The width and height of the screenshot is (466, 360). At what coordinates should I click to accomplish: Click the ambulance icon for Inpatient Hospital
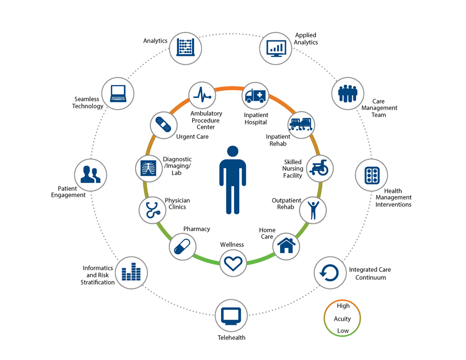pyautogui.click(x=255, y=95)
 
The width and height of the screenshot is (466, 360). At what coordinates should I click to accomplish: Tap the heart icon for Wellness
pyautogui.click(x=233, y=263)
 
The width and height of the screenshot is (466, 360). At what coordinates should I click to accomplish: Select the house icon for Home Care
pyautogui.click(x=286, y=244)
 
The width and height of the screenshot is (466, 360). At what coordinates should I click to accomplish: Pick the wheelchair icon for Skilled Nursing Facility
pyautogui.click(x=320, y=168)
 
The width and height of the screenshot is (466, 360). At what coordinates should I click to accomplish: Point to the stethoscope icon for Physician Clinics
pyautogui.click(x=152, y=210)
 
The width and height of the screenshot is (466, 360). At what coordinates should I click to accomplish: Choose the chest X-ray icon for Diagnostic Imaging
pyautogui.click(x=148, y=167)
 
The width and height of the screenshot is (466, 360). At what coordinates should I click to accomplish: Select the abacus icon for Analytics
pyautogui.click(x=185, y=48)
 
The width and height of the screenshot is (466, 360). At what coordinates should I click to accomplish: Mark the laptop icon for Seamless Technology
pyautogui.click(x=118, y=93)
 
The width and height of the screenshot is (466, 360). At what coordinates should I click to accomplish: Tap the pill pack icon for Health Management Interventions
pyautogui.click(x=372, y=175)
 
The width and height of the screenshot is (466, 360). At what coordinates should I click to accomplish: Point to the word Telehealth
pyautogui.click(x=231, y=338)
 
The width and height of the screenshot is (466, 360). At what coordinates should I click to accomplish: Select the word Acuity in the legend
pyautogui.click(x=342, y=319)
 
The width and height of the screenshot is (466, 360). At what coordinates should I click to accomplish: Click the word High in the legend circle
pyautogui.click(x=343, y=306)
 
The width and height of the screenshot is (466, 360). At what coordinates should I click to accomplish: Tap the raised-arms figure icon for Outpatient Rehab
pyautogui.click(x=313, y=210)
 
